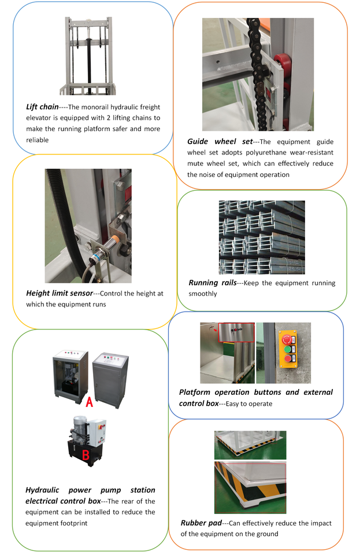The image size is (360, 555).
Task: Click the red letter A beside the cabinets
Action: tap(90, 403)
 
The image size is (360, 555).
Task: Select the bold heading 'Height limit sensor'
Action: tap(59, 293)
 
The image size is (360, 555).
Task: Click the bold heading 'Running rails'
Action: tap(212, 283)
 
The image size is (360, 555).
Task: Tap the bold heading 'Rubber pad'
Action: tap(201, 523)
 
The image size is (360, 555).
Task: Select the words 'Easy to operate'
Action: tap(250, 404)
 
